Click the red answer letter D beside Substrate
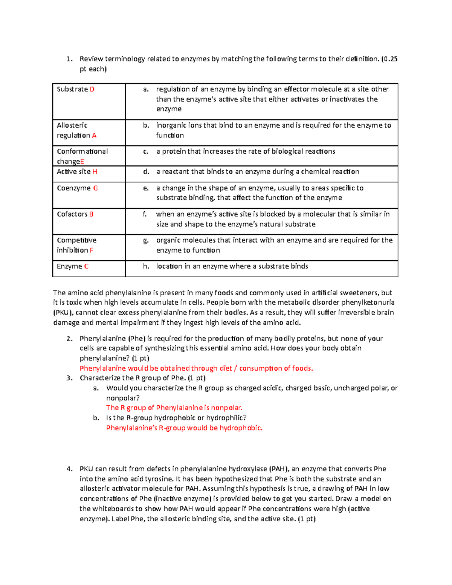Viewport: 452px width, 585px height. click(92, 89)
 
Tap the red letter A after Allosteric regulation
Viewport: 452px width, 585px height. click(94, 136)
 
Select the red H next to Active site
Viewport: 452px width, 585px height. click(95, 172)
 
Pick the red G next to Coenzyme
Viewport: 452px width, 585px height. click(95, 188)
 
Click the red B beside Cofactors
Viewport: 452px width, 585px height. click(91, 214)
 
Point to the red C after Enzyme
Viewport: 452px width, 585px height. click(86, 266)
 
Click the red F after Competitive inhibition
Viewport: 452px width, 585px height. click(92, 250)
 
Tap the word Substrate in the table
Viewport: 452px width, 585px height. click(72, 89)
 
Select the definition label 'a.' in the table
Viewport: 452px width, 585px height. click(146, 89)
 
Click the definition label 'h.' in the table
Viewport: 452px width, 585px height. click(146, 266)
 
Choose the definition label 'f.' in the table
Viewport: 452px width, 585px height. click(145, 214)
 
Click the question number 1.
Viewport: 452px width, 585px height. click(69, 59)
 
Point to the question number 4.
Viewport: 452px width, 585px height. click(69, 469)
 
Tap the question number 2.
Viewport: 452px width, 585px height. click(69, 339)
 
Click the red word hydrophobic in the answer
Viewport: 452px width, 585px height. click(241, 428)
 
